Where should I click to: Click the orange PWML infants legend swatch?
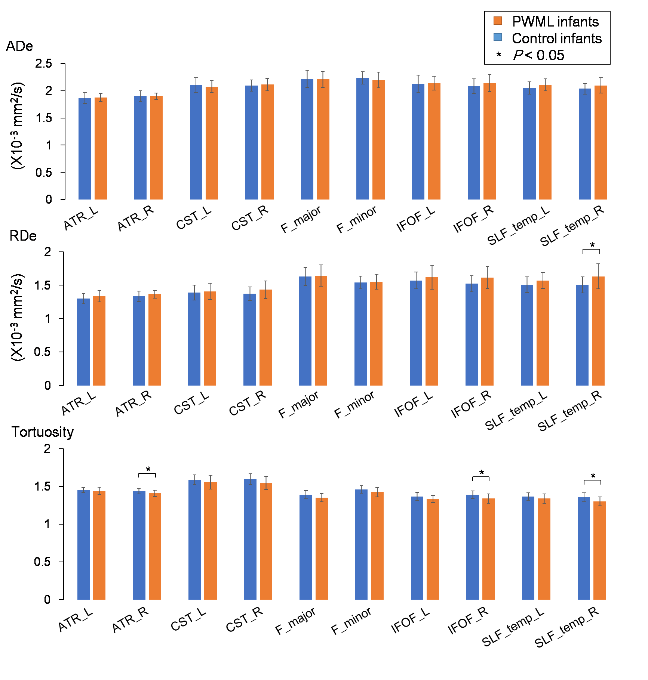(498, 21)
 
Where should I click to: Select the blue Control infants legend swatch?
(498, 37)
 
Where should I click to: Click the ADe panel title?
(19, 46)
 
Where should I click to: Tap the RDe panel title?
(23, 236)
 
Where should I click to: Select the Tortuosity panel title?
(43, 432)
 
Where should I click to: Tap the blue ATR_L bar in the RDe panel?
(83, 342)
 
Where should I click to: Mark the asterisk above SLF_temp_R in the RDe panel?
(592, 245)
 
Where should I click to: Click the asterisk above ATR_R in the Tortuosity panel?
(148, 470)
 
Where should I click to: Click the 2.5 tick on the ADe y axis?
(44, 64)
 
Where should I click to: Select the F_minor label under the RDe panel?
(354, 405)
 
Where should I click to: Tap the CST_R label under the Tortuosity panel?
(245, 620)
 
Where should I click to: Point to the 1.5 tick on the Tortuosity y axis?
(42, 486)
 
